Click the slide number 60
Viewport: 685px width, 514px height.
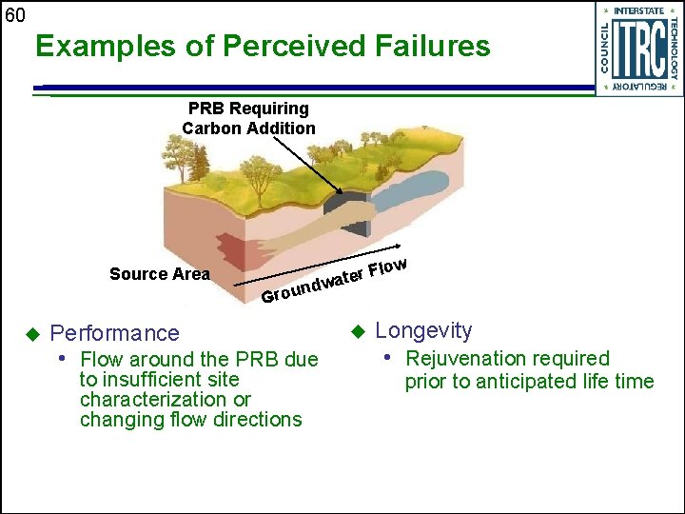pyautogui.click(x=14, y=14)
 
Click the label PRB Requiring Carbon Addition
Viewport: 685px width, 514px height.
pyautogui.click(x=248, y=118)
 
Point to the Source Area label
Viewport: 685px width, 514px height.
pyautogui.click(x=159, y=274)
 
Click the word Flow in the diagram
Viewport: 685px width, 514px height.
pyautogui.click(x=388, y=267)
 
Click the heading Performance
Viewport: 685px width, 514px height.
pyautogui.click(x=114, y=333)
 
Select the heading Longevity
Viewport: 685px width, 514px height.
pyautogui.click(x=423, y=330)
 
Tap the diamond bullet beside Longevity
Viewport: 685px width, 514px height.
pyautogui.click(x=358, y=330)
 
